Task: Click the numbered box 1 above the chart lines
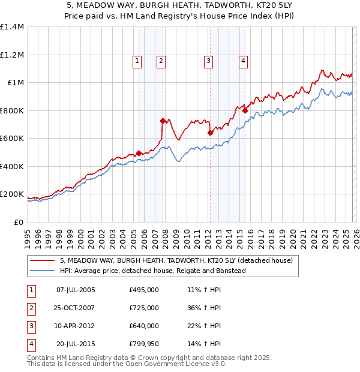click(x=137, y=60)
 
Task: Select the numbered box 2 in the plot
click(x=161, y=60)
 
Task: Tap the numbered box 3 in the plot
click(x=208, y=60)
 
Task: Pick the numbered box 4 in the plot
click(x=243, y=60)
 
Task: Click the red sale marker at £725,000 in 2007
click(x=163, y=121)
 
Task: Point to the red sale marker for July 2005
click(x=139, y=153)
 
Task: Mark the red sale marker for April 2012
click(x=210, y=133)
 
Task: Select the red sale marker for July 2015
click(x=245, y=110)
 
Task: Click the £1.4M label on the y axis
click(x=12, y=27)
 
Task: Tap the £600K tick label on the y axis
click(x=12, y=138)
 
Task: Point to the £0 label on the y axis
click(x=18, y=222)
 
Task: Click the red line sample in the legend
click(x=41, y=261)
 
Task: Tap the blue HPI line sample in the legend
click(x=41, y=271)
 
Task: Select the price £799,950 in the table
click(x=144, y=344)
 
